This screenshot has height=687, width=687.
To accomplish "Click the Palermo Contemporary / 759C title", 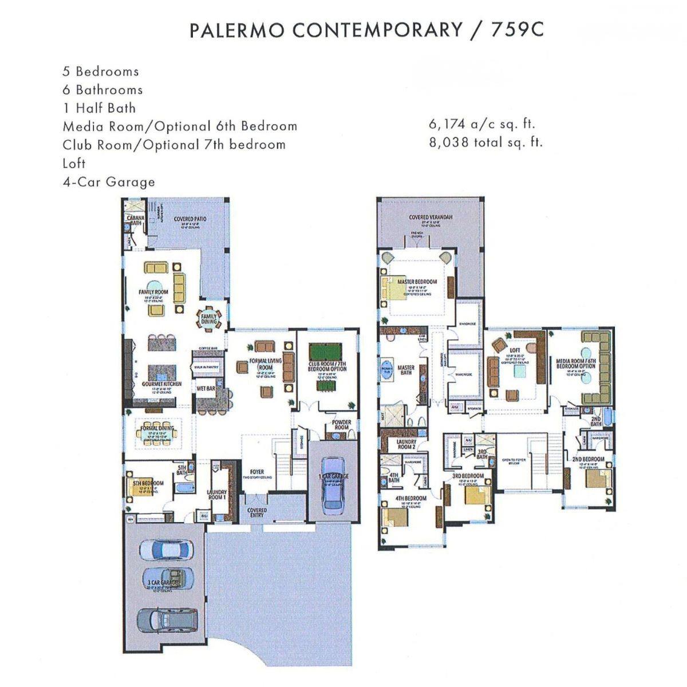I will tap(366, 30).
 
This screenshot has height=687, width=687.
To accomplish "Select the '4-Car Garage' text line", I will tap(109, 182).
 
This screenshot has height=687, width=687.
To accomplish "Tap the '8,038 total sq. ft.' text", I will tap(485, 142).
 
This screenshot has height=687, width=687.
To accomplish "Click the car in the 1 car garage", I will tap(331, 483).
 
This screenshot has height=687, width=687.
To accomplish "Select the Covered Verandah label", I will tap(431, 218).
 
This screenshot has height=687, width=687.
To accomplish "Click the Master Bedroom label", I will tap(417, 282).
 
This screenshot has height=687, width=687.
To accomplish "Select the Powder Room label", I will tap(342, 425).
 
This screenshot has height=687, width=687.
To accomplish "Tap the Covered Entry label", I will tap(256, 513).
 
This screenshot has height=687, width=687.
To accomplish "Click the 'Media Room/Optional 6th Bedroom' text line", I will tap(180, 126).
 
